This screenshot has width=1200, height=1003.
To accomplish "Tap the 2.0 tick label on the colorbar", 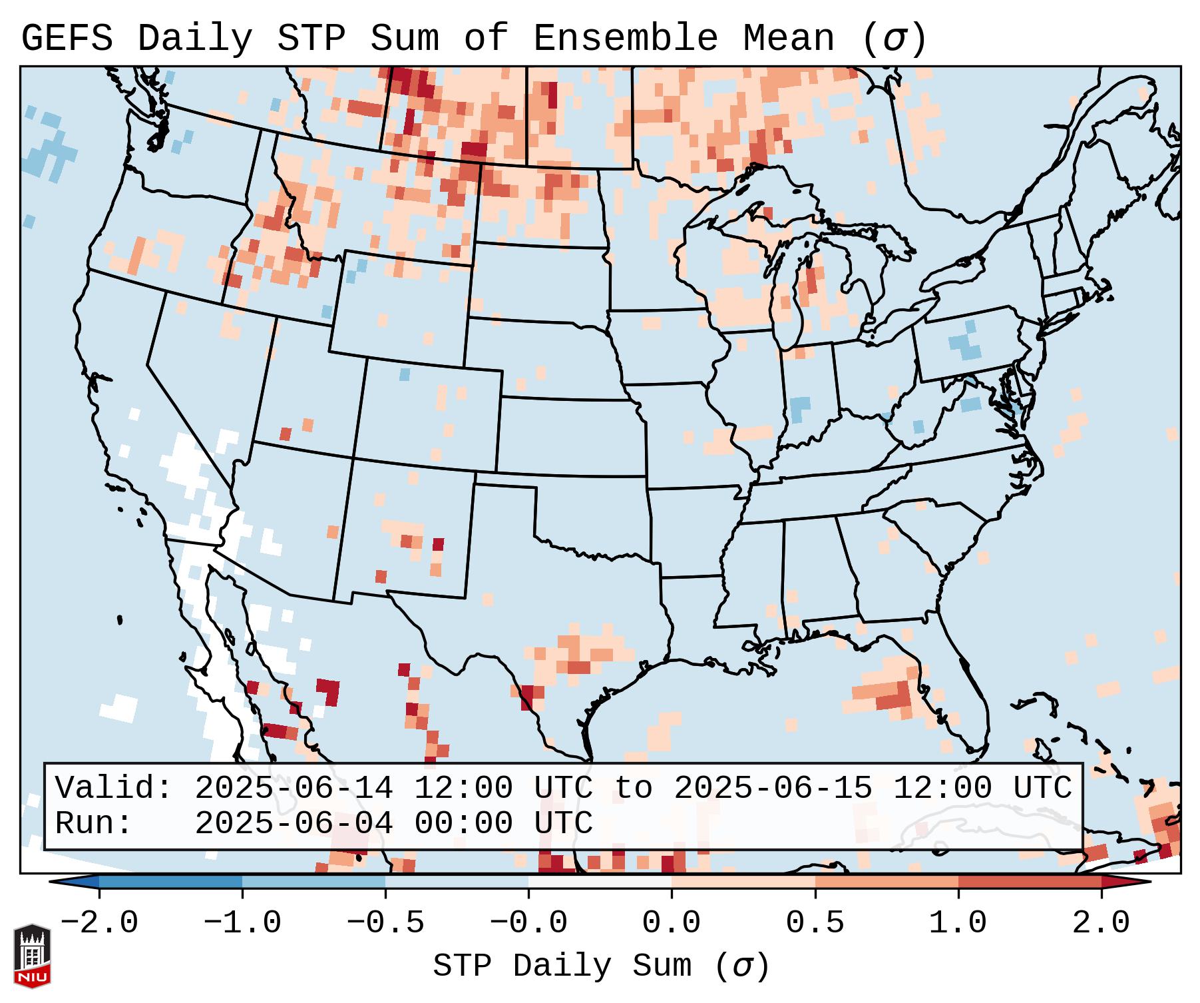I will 1101,923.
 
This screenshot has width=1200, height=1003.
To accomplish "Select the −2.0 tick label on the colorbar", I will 99,923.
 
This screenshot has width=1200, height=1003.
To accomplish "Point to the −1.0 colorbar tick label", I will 242,923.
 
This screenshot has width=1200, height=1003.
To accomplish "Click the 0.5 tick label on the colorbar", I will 815,923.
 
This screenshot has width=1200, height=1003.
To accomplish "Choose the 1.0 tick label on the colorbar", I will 958,923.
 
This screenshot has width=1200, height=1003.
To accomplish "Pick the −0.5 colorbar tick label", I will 385,923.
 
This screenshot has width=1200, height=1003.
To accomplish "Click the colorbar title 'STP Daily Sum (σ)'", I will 600,966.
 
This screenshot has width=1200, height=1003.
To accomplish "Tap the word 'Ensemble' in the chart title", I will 625,39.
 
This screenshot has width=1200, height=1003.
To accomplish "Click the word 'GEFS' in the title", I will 67,39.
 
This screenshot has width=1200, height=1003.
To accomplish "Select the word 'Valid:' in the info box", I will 113,788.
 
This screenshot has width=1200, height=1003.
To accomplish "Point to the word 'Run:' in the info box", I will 93,823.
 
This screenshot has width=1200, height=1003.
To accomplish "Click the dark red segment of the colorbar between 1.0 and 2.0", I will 1029,882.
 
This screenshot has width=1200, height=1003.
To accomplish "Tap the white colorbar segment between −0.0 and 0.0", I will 600,882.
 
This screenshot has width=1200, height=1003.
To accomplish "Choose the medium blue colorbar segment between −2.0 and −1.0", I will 170,882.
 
